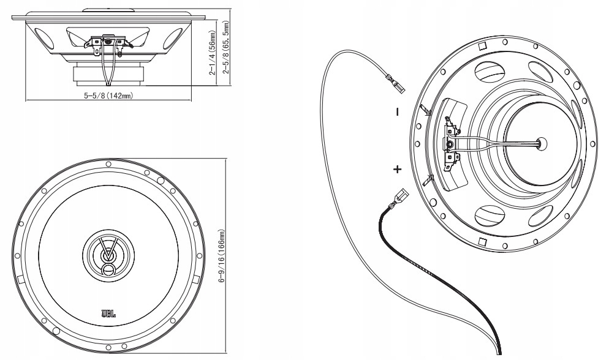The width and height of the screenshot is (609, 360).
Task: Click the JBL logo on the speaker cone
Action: click(108, 314)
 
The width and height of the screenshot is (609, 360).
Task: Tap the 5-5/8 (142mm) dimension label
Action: click(108, 96)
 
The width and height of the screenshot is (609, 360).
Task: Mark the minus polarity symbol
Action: click(397, 112)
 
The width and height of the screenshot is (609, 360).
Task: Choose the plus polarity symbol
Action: click(398, 168)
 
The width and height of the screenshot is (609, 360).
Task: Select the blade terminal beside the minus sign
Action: click(428, 110)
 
